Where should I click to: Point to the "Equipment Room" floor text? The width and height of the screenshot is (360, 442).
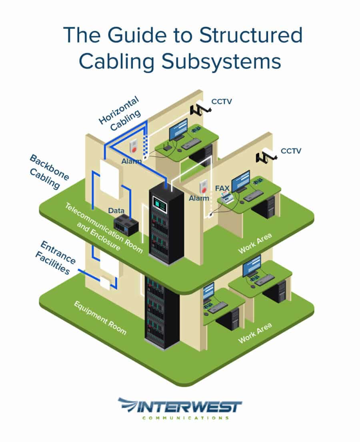pyautogui.click(x=100, y=318)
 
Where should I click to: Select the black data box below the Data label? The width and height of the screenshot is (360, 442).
pyautogui.click(x=126, y=225)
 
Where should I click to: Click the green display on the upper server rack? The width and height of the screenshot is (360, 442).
pyautogui.click(x=161, y=205)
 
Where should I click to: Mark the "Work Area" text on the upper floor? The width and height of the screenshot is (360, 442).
pyautogui.click(x=254, y=243)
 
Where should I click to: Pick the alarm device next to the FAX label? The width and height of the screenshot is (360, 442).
pyautogui.click(x=204, y=186)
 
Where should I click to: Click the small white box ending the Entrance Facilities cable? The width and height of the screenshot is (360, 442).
pyautogui.click(x=105, y=282)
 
